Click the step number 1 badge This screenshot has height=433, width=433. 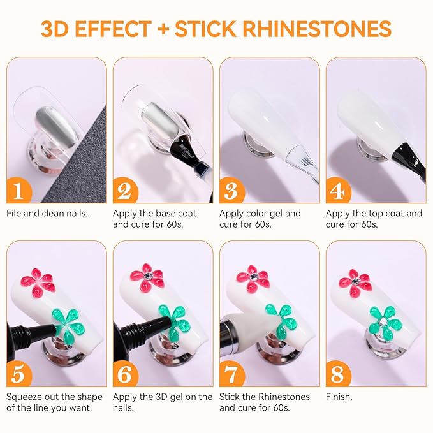click(x=19, y=191)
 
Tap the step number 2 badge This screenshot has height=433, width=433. click(x=125, y=191)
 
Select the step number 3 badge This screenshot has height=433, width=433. click(x=231, y=191)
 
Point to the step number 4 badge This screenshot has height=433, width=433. click(x=338, y=191)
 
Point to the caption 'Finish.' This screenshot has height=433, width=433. click(x=339, y=397)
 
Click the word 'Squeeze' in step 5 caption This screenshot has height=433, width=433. click(x=27, y=397)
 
